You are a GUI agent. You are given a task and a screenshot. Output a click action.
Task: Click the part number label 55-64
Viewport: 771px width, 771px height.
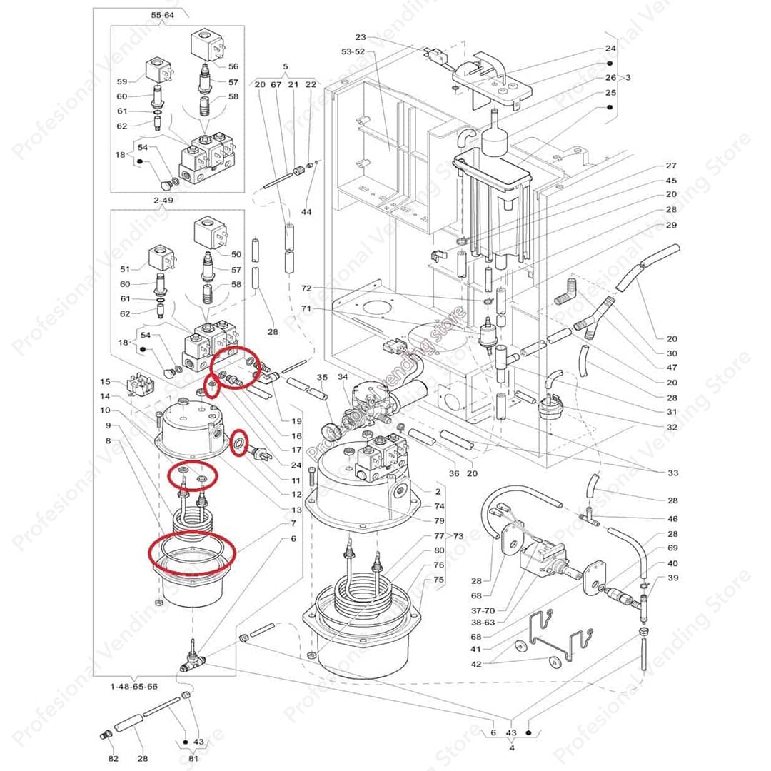pyautogui.click(x=162, y=14)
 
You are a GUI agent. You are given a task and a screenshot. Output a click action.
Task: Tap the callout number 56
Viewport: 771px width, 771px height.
pyautogui.click(x=233, y=66)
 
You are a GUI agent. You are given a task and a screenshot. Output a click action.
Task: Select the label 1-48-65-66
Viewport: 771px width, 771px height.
pyautogui.click(x=133, y=685)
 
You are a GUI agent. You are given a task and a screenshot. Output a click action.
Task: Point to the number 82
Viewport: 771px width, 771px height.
pyautogui.click(x=113, y=757)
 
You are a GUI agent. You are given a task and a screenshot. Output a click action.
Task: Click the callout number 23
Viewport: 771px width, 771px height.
pyautogui.click(x=360, y=37)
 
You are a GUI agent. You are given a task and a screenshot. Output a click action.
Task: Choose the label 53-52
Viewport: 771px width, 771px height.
pyautogui.click(x=353, y=51)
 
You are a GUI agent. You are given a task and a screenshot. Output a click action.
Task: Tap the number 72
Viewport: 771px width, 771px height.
pyautogui.click(x=306, y=288)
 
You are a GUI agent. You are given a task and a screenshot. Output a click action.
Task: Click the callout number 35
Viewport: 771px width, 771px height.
pyautogui.click(x=322, y=376)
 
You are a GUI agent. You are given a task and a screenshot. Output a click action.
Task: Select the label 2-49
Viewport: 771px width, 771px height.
pyautogui.click(x=163, y=201)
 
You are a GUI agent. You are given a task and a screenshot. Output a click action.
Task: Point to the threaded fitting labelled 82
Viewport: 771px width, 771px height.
pyautogui.click(x=105, y=735)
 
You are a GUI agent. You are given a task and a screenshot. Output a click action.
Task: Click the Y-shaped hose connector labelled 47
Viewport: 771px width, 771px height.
pyautogui.click(x=595, y=318)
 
